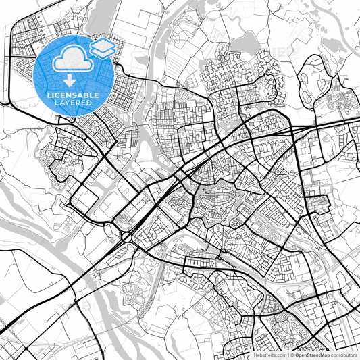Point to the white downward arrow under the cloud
pyautogui.click(x=73, y=76)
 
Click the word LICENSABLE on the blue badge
pyautogui.click(x=73, y=95)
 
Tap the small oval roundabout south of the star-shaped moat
pyautogui.click(x=222, y=254)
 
